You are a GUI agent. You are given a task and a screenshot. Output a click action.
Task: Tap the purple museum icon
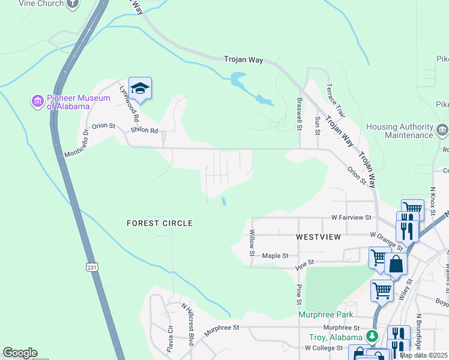tap(38, 101)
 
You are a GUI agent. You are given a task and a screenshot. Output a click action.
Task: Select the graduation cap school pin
tap(140, 89)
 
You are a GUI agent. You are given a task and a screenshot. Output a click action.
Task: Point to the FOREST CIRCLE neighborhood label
tap(160, 223)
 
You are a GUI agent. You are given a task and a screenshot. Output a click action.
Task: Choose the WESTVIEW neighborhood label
tap(318, 237)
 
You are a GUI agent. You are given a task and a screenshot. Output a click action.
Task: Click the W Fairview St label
tap(351, 217)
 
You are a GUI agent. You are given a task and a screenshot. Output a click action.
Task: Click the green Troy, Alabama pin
tap(373, 335)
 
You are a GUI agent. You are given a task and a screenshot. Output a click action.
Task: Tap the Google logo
tap(20, 353)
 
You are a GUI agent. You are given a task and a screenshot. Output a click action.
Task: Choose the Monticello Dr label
tap(77, 144)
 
